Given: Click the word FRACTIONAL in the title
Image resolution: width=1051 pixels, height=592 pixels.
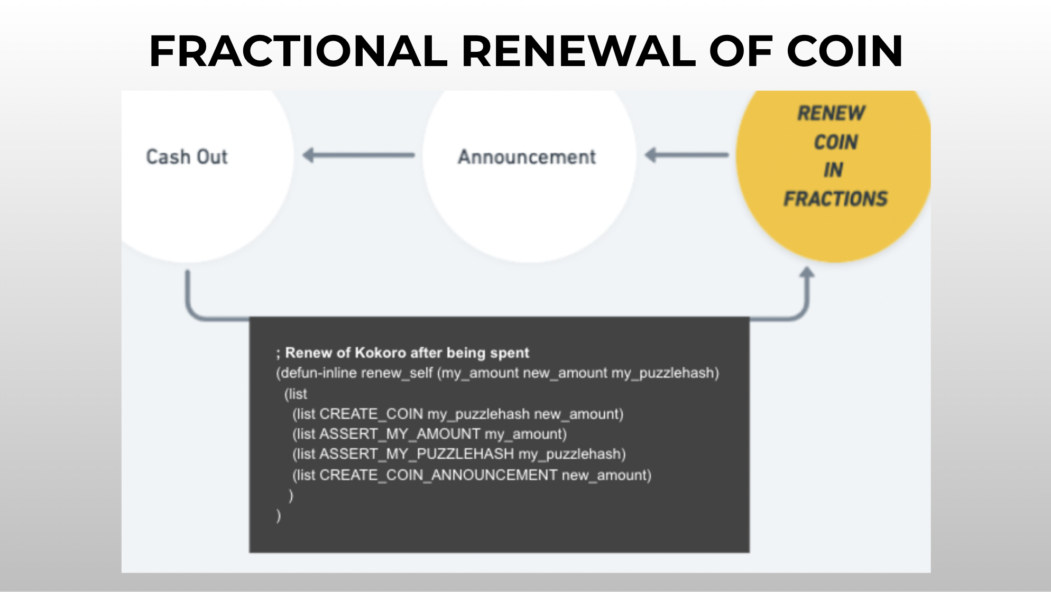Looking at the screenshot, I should (298, 51).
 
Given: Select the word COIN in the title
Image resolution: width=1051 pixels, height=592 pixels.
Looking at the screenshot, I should (844, 51).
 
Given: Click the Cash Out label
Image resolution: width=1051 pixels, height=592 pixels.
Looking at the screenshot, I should (187, 157).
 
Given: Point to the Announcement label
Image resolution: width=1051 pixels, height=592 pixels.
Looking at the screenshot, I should (527, 157).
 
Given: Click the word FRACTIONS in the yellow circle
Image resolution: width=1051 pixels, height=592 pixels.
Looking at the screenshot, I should (835, 199).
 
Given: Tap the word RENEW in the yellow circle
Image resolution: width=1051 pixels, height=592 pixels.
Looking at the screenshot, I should (831, 113).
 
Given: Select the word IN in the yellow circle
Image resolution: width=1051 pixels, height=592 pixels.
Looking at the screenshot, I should (833, 170).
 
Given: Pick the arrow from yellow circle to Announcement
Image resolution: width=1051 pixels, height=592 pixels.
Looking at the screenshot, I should (686, 155).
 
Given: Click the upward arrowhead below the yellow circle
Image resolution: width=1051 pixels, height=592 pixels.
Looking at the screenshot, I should (807, 273).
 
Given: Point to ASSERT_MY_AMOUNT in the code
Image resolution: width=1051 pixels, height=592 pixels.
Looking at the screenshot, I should (400, 434).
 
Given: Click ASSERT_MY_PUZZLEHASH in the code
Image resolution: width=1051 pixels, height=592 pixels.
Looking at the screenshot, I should (416, 454).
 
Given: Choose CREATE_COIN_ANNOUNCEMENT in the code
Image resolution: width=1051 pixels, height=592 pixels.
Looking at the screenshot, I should (438, 475).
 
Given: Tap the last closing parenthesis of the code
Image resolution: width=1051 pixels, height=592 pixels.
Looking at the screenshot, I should (279, 515).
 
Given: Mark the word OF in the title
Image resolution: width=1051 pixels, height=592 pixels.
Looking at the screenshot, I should (740, 51).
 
